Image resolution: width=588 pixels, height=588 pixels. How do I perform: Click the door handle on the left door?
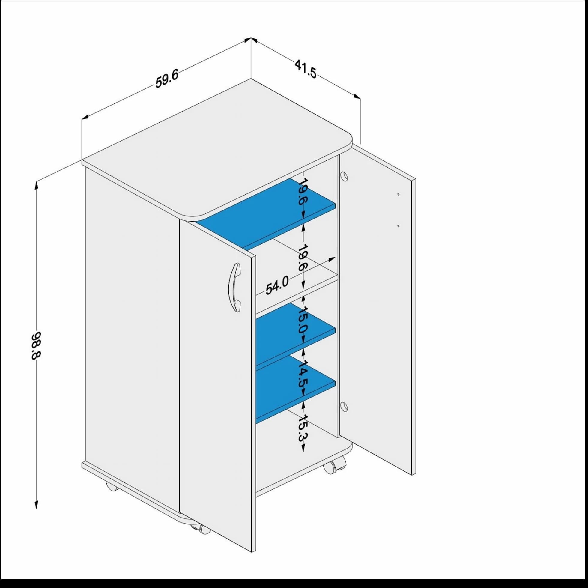(x=235, y=287)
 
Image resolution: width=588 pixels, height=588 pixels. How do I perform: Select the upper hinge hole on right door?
(x=344, y=177)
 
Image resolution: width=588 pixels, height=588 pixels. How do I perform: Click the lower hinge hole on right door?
(x=344, y=407)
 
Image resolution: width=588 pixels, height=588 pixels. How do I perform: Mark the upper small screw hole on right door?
(x=398, y=194)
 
